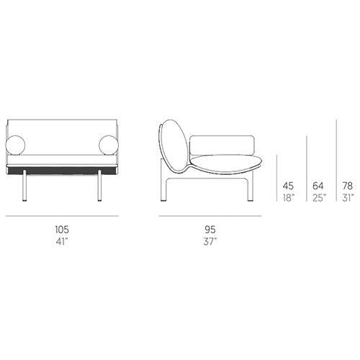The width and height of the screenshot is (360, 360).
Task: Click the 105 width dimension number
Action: click(x=62, y=230)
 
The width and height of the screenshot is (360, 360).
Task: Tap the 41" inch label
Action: click(x=62, y=241)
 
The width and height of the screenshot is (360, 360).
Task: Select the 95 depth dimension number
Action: click(x=210, y=230)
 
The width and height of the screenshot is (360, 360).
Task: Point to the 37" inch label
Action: click(x=210, y=241)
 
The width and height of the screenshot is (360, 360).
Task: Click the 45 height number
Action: click(x=288, y=186)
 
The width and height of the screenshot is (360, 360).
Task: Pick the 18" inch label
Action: click(x=289, y=198)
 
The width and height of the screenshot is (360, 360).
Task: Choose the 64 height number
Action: click(x=318, y=186)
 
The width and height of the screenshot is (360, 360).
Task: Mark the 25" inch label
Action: click(x=319, y=198)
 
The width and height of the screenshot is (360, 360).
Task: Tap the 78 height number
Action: click(x=348, y=186)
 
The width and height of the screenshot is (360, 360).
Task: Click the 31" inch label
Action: click(x=348, y=198)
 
